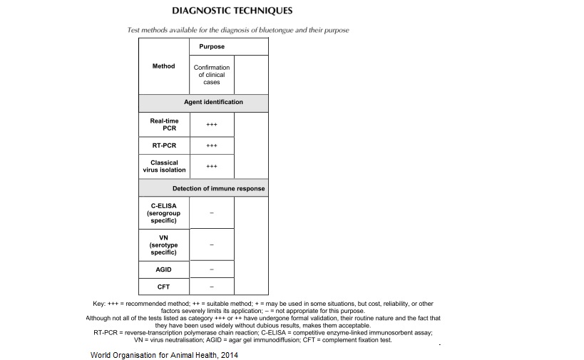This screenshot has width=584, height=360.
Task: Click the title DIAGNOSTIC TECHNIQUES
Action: pos(232,11)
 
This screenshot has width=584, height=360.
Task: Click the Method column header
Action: pos(163,66)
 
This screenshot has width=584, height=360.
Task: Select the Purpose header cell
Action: pos(212,46)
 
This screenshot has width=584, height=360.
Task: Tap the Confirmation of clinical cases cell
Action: pos(212,75)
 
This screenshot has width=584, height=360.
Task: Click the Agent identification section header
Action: pos(213,102)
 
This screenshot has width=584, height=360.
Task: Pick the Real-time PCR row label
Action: pos(163,124)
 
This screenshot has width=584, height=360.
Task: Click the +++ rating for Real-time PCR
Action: pos(212,125)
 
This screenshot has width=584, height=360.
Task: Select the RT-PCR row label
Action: pos(163,145)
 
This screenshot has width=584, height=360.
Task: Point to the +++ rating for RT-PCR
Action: pos(212,145)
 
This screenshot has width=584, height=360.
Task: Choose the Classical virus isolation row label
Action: pos(163,166)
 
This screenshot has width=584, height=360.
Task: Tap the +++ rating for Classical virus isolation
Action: pos(212,167)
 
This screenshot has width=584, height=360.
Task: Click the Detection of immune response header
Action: pos(218,189)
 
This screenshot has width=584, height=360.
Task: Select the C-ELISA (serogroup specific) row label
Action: pos(163,213)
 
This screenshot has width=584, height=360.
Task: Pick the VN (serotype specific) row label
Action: pos(163,245)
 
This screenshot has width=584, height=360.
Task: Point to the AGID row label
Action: pos(163,270)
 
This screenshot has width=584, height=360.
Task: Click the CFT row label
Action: pos(163,287)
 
